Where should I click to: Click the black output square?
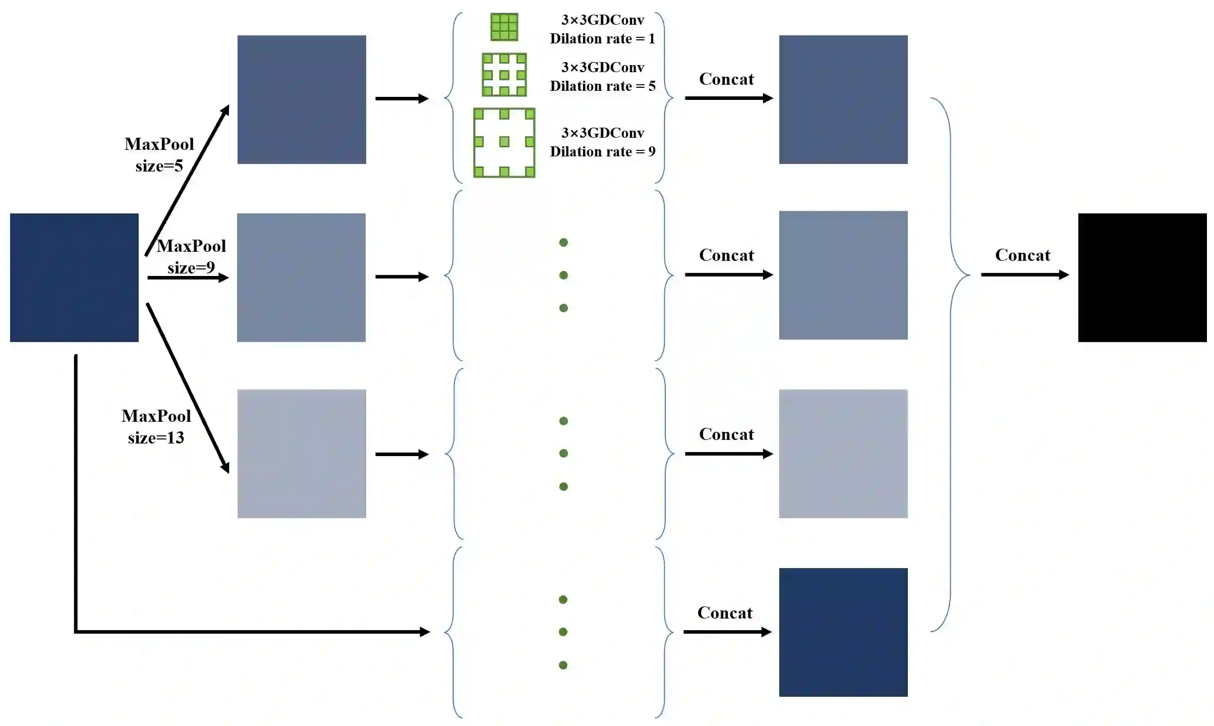point(1142,277)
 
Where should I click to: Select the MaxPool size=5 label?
point(159,154)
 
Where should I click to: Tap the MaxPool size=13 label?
point(156,426)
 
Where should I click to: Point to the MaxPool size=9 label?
point(191,256)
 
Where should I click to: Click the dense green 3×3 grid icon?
point(504,27)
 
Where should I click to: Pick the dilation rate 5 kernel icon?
point(504,75)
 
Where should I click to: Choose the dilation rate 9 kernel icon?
point(504,142)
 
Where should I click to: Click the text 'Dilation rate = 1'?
point(602,39)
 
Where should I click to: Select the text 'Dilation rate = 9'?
point(602,152)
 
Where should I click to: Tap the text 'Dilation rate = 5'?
point(602,86)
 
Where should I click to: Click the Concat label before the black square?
point(1022,255)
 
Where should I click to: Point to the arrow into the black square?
point(1024,274)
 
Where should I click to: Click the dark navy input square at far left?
point(74,277)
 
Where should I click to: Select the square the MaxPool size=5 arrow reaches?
point(302,99)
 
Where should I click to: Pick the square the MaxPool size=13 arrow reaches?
point(302,454)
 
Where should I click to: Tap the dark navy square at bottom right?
point(843,632)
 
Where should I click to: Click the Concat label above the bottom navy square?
point(724,613)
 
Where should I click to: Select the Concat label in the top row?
point(726,79)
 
